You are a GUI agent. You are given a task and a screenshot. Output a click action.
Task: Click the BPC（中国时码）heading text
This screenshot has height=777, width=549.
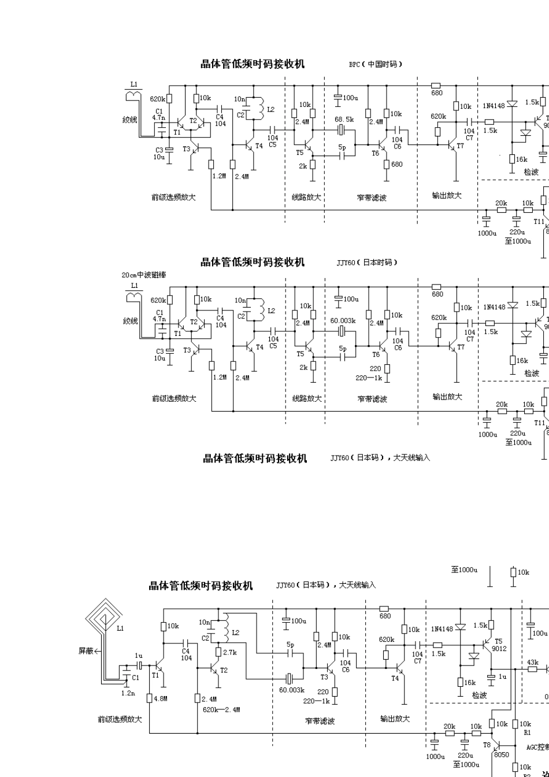tap(375, 64)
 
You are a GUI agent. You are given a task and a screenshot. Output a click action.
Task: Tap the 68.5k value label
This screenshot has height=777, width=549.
tap(344, 119)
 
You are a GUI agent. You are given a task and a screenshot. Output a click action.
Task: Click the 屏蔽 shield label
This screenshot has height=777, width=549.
tap(87, 650)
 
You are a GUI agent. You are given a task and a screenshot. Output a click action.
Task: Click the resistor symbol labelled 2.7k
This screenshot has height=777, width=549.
tap(218, 652)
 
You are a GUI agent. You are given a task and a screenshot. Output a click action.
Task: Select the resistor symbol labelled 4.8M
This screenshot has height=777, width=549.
tap(150, 698)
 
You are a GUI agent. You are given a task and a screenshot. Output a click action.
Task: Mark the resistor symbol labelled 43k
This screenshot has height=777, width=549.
tap(532, 669)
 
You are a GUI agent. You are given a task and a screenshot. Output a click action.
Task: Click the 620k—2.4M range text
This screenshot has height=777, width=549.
tap(221, 709)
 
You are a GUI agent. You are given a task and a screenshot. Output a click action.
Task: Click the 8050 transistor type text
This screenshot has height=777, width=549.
tap(501, 754)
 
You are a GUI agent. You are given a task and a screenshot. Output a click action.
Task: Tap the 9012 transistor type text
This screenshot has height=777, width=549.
tap(499, 649)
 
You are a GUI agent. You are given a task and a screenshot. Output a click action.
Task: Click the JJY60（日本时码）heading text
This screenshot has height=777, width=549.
tap(368, 262)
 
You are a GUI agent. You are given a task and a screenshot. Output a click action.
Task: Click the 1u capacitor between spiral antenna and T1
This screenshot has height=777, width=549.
tap(139, 666)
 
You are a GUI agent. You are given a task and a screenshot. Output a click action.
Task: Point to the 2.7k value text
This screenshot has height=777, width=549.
tap(230, 652)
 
